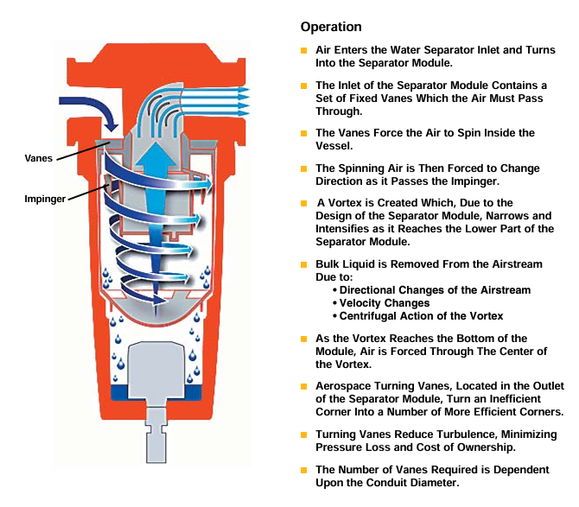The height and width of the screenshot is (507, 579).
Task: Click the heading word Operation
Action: [331, 27]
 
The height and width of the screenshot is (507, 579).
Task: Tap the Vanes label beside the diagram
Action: [38, 158]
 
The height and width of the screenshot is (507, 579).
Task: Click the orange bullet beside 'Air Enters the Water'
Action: [304, 51]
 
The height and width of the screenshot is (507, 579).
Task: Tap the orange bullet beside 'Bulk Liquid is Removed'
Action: [304, 264]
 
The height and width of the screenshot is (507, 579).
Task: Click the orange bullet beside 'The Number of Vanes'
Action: [304, 470]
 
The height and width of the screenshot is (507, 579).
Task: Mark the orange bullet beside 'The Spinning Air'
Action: [304, 168]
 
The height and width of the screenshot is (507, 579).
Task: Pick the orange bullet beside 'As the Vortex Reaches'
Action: [304, 339]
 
